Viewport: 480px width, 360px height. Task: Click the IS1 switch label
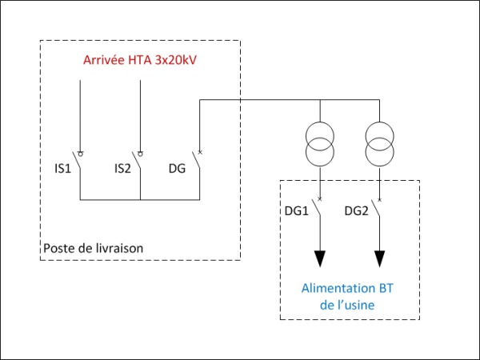pos(62,169)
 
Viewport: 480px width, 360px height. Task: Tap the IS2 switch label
pos(122,169)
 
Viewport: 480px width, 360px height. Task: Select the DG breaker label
pos(178,169)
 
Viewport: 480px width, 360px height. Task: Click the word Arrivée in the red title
pos(103,60)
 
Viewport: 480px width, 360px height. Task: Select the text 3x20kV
pos(175,60)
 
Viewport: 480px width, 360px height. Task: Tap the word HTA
pos(139,60)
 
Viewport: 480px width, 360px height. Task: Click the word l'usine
pos(355,305)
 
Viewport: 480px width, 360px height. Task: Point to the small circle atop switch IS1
pos(81,154)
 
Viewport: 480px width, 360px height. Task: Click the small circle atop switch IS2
pos(141,154)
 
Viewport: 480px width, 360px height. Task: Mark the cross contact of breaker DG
pos(200,152)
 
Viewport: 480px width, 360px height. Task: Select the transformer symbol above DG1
pos(320,144)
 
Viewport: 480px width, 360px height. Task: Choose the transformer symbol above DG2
pos(379,144)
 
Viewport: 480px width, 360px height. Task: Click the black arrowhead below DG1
pos(320,259)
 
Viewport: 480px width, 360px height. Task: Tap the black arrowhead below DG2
pos(379,259)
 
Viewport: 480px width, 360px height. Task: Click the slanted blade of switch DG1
pos(316,208)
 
